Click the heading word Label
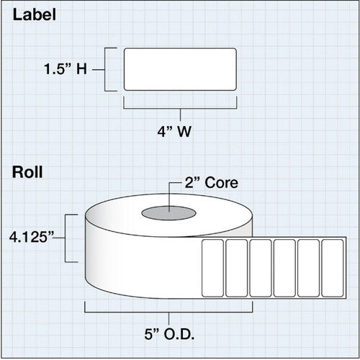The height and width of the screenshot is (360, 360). tap(35, 15)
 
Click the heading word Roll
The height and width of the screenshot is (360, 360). tap(27, 172)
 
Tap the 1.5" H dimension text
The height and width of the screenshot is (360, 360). tap(66, 69)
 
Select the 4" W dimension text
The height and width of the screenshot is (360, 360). tap(174, 132)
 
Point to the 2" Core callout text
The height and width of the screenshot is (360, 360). tap(212, 183)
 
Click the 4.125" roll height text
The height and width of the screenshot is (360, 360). tap(32, 238)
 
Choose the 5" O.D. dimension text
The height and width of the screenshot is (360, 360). tap(169, 334)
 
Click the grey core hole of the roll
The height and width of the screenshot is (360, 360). tap(168, 213)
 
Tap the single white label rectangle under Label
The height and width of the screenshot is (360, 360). tap(180, 69)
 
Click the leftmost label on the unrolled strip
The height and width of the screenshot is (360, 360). tap(212, 268)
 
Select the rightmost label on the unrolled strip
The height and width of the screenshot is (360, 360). tap(333, 268)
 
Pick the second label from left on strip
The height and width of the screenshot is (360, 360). tap(237, 268)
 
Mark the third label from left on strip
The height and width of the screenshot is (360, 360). tap(261, 268)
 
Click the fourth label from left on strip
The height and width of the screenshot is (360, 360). tap(284, 268)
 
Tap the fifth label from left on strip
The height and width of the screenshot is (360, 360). tap(308, 268)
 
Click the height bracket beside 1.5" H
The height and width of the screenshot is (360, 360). tap(105, 70)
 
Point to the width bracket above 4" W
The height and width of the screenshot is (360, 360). tap(180, 109)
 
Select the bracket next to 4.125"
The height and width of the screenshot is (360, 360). tap(66, 238)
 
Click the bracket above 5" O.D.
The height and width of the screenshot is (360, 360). tap(168, 312)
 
